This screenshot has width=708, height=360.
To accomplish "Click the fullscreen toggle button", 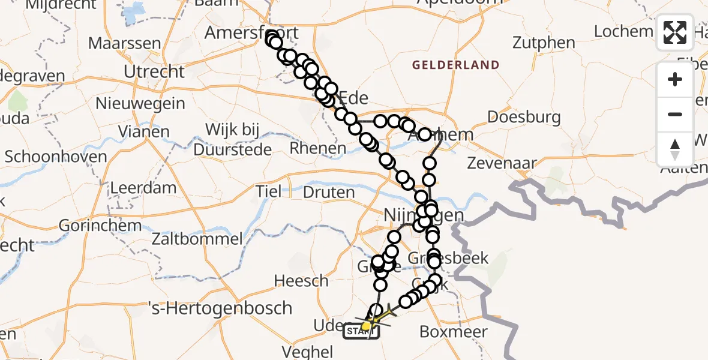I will pos(675,32).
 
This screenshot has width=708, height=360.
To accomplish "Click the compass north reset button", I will pos(675,149).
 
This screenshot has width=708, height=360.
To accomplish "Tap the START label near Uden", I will pos(360,331).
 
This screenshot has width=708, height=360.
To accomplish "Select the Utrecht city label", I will pos(154,72).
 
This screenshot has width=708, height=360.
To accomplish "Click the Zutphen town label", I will pos(544,43).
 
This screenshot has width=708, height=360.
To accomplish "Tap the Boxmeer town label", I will pos(454,331).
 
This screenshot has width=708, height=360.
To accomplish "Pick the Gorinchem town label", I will pos(101,226).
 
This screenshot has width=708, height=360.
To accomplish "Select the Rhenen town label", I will pos(318,148).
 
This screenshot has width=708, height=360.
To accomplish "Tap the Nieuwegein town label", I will pos(140,104).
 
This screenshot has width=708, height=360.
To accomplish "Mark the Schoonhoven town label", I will pos(56,157).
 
